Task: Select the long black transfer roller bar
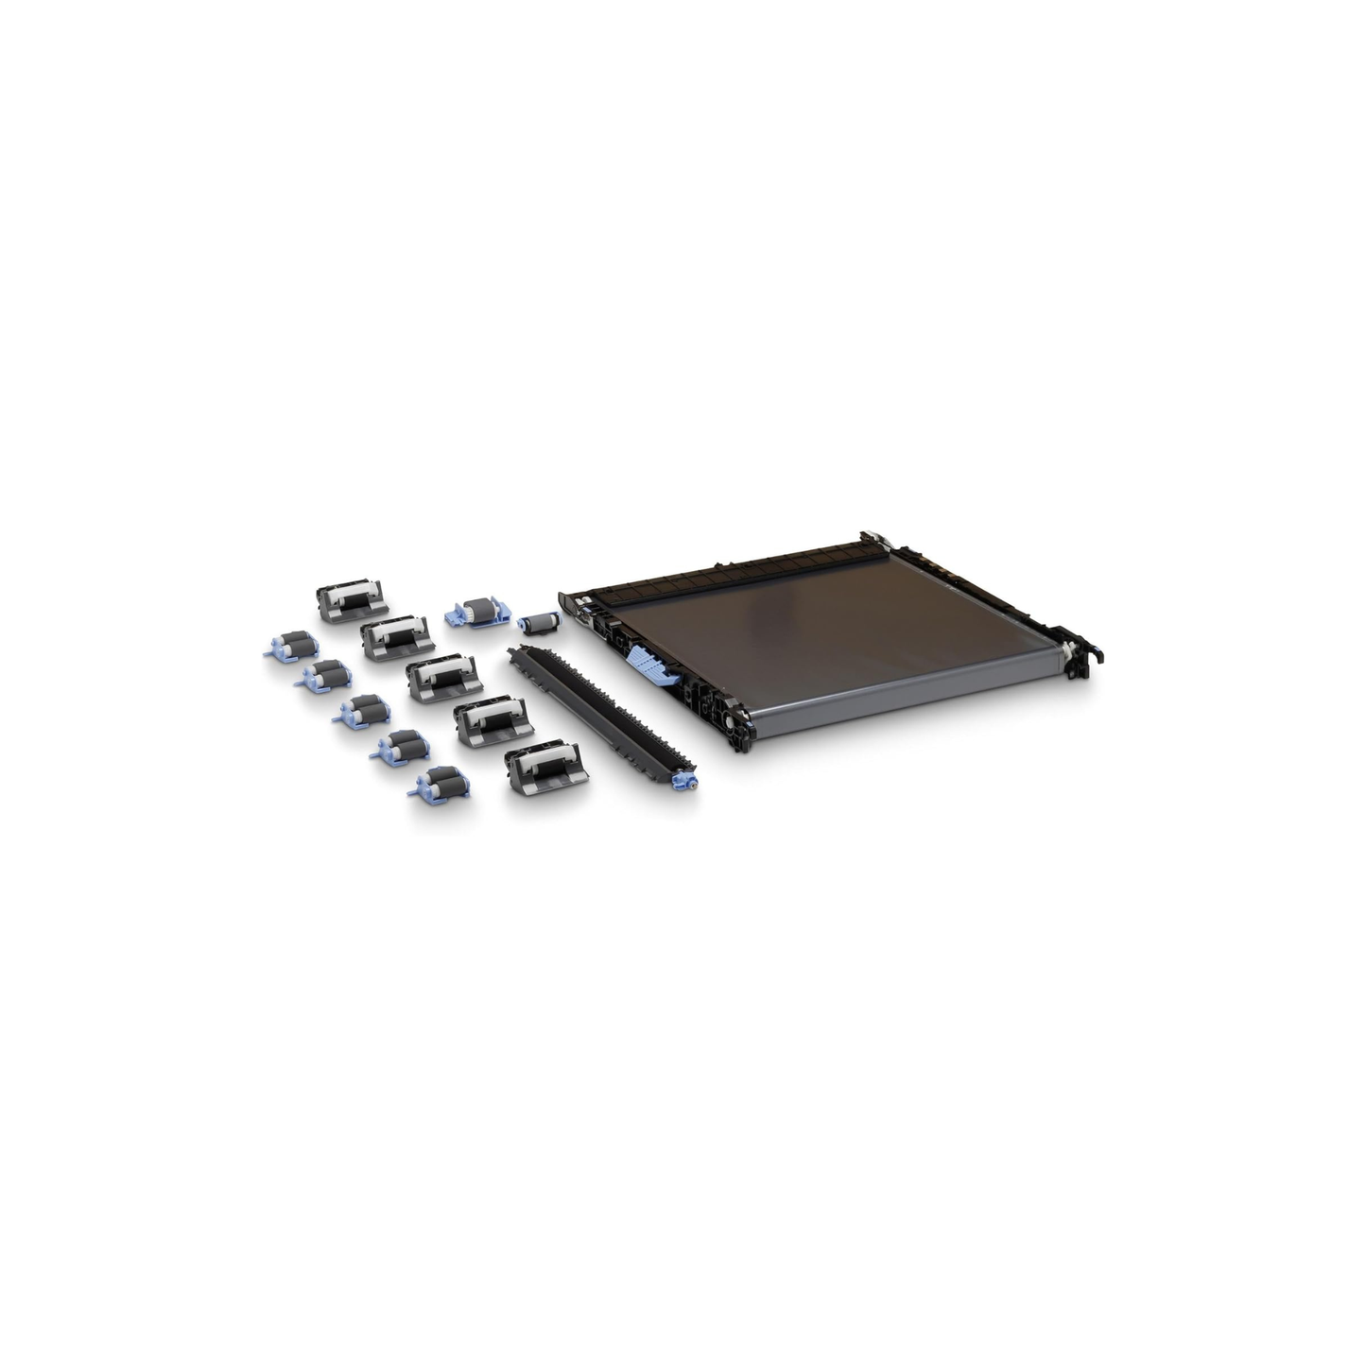tap(595, 714)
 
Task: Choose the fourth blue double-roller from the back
tap(401, 750)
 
